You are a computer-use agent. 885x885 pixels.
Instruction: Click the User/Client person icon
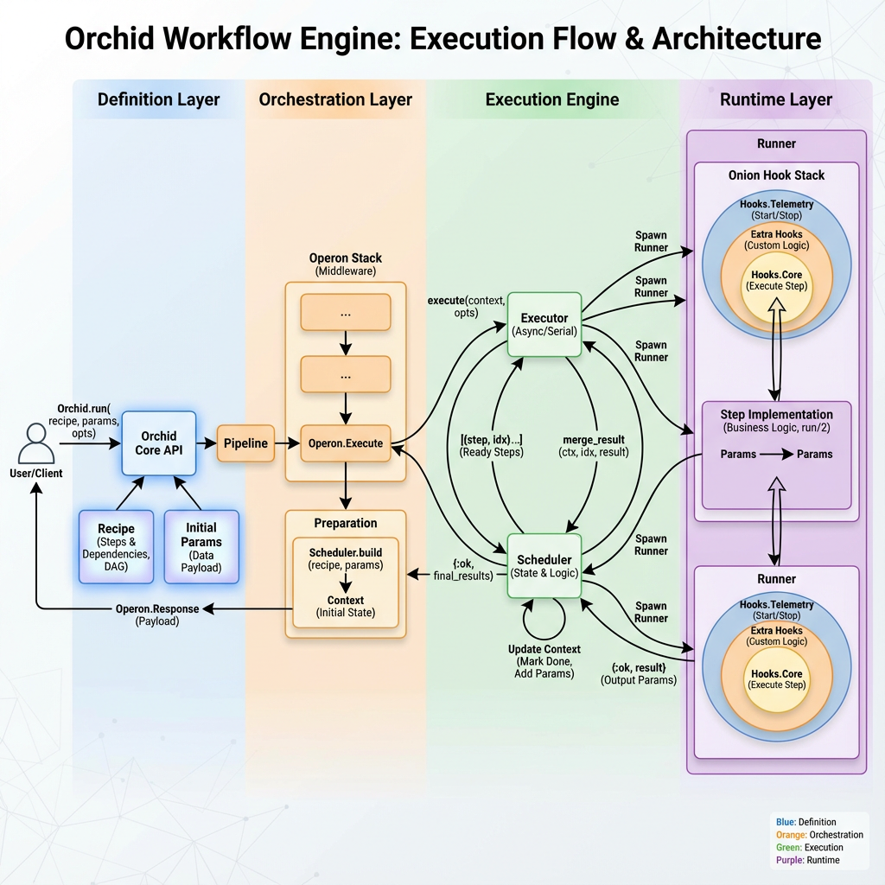[35, 443]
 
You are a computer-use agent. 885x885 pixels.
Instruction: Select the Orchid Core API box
[158, 442]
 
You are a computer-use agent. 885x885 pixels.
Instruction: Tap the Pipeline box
[246, 443]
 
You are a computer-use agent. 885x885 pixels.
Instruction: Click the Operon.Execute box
[346, 443]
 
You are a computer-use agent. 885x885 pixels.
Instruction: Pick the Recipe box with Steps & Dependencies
[115, 546]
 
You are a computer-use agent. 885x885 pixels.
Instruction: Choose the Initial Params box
[201, 546]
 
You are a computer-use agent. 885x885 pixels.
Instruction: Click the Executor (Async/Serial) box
[543, 325]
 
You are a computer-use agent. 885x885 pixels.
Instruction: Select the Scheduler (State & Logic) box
[544, 566]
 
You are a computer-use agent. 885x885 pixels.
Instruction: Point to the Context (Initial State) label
[346, 607]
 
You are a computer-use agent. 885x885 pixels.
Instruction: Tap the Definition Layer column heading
[158, 99]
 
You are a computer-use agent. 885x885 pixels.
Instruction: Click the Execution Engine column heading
[551, 99]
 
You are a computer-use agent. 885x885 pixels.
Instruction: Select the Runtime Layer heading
[775, 99]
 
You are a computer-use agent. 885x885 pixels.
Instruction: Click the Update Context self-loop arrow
[544, 619]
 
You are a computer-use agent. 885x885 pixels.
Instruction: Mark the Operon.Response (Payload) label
[157, 614]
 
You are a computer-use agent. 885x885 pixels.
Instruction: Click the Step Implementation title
[776, 415]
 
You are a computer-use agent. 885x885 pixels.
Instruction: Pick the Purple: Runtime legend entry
[808, 860]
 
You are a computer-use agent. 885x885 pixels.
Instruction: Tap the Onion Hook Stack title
[776, 175]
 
